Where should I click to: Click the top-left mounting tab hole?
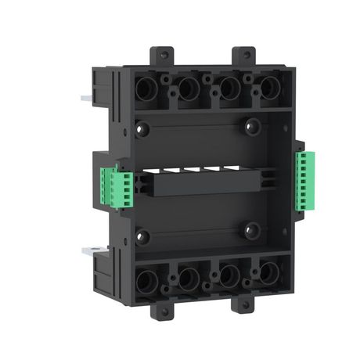(x=163, y=55)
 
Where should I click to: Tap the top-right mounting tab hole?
(x=245, y=56)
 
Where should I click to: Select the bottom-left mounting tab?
(x=166, y=311)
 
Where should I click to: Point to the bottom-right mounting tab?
(x=247, y=311)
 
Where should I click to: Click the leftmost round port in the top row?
(x=148, y=89)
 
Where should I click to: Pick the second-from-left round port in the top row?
(x=187, y=89)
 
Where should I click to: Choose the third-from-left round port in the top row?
(x=228, y=89)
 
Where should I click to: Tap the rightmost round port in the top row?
(x=268, y=88)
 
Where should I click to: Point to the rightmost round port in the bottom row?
(x=269, y=275)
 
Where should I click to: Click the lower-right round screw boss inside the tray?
(x=252, y=229)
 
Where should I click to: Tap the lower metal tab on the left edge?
(x=86, y=251)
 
